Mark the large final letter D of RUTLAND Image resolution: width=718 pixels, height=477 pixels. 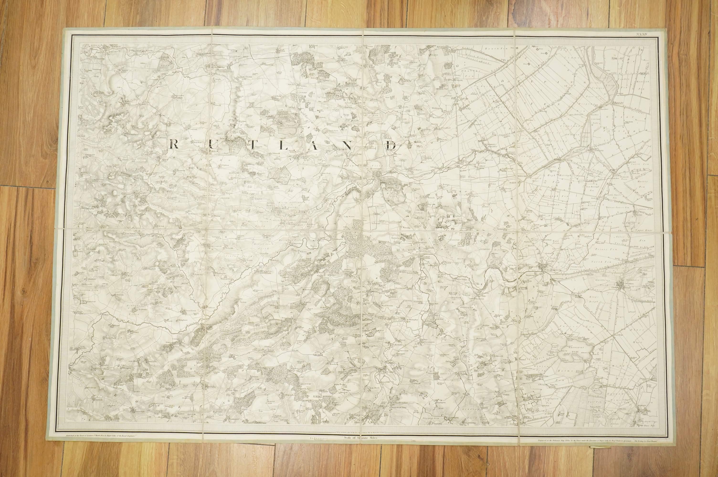click(x=393, y=146)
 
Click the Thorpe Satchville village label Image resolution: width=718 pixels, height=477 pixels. click(x=89, y=120)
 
